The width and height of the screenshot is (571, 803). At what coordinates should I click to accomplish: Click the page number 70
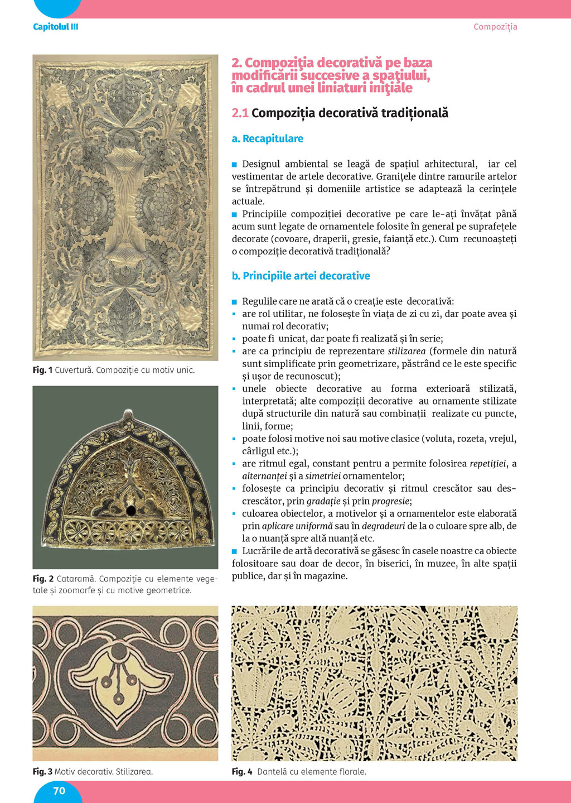click(x=59, y=791)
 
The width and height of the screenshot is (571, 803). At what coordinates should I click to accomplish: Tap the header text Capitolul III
click(x=55, y=27)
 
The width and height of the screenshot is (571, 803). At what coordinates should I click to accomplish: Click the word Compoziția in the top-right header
click(x=495, y=27)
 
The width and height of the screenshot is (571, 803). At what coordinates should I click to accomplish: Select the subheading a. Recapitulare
click(x=268, y=138)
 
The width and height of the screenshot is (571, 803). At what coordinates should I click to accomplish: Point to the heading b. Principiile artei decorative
click(x=301, y=276)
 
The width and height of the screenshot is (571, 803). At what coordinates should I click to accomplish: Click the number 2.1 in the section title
click(x=240, y=113)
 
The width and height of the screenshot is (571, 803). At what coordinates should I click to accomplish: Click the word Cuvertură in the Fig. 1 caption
click(x=73, y=370)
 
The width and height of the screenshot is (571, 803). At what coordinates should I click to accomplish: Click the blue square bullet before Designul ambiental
click(x=235, y=165)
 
